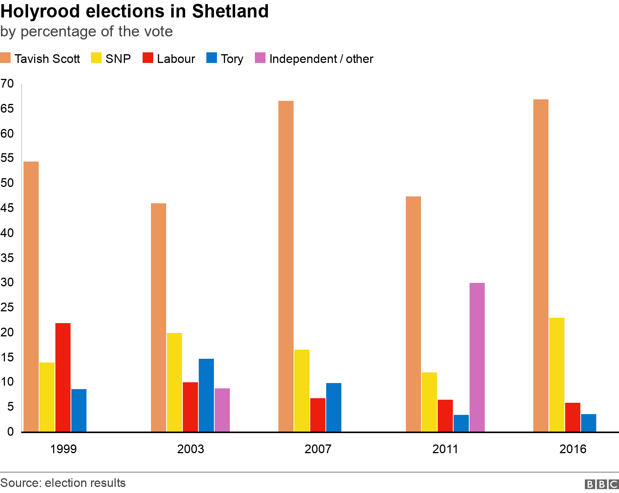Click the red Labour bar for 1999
pos(63,377)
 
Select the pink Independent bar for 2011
pos(477,357)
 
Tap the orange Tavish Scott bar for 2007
pos(286,266)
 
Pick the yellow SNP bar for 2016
pos(556,375)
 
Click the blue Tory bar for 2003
pos(206,395)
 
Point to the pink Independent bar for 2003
pos(222,410)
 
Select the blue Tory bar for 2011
pos(461,423)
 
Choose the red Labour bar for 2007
pos(317,415)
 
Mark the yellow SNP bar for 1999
pos(47,397)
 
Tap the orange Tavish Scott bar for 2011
pos(413,314)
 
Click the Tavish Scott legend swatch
pos(5,58)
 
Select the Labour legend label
pos(176,59)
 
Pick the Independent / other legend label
pos(321,59)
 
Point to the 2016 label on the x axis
pos(573,449)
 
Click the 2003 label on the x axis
pos(190,449)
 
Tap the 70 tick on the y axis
pos(7,84)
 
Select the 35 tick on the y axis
pos(7,258)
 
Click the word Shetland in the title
pos(230,11)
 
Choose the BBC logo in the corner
pos(602,484)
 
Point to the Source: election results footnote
pos(63,483)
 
